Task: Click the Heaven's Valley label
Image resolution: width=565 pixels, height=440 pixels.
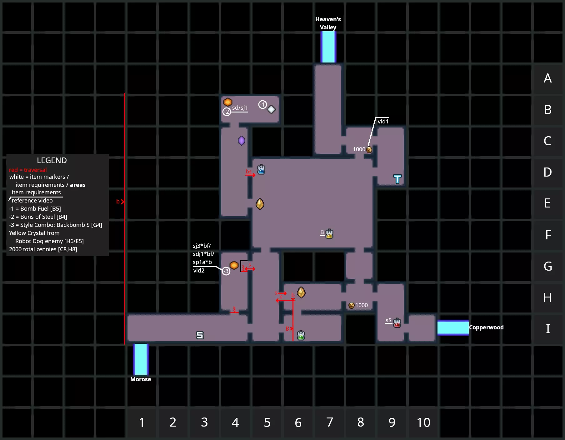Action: point(328,23)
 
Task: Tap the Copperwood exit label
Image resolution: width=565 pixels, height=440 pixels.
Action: point(486,327)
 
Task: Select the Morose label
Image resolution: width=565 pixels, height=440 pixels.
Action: point(141,379)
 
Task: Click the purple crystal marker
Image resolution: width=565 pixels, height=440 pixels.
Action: point(242,141)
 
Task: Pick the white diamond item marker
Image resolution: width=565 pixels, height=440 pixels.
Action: point(271,109)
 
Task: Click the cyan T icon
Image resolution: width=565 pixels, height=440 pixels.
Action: point(397,179)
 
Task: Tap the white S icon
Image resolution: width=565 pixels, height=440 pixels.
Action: point(200,335)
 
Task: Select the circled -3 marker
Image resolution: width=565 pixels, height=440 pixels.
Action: point(226,271)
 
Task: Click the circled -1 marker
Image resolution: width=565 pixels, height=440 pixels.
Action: point(262,105)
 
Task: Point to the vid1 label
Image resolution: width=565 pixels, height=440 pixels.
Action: point(383,122)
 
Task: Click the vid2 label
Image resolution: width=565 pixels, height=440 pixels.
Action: point(199,271)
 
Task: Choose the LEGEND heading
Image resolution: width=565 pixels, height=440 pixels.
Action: point(52,160)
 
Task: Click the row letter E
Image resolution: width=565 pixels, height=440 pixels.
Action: point(547,203)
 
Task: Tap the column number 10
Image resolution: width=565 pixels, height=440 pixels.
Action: point(423,422)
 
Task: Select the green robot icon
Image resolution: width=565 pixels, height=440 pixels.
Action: point(301,335)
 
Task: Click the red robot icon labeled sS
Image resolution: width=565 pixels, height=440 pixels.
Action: point(397,322)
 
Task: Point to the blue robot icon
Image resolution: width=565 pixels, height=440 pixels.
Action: point(261,170)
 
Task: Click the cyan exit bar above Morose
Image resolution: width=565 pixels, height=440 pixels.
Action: point(141,359)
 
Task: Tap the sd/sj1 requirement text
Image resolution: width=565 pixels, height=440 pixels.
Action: point(240,108)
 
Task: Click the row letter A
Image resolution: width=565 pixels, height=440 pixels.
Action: point(547,78)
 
